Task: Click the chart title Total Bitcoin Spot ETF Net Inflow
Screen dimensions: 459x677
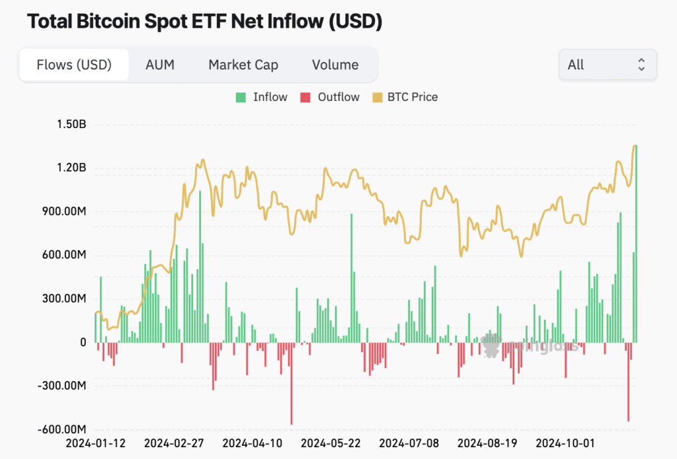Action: coord(204,21)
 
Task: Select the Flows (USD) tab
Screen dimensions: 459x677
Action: coord(74,65)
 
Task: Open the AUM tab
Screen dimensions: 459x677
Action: coord(159,65)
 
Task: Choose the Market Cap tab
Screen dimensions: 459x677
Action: coord(243,65)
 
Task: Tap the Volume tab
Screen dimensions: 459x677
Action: coord(335,65)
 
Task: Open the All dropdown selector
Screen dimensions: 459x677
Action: coord(608,65)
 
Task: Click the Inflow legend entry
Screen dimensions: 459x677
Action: coord(262,97)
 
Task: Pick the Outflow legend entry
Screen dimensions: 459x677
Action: coord(330,97)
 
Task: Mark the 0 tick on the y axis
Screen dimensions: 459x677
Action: coord(83,342)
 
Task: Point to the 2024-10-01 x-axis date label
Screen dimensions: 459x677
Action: coord(565,442)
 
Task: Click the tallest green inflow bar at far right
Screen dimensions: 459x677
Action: coord(636,244)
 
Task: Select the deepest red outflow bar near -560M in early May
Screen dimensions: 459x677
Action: coord(292,383)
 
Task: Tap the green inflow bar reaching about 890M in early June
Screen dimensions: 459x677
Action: coord(352,277)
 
